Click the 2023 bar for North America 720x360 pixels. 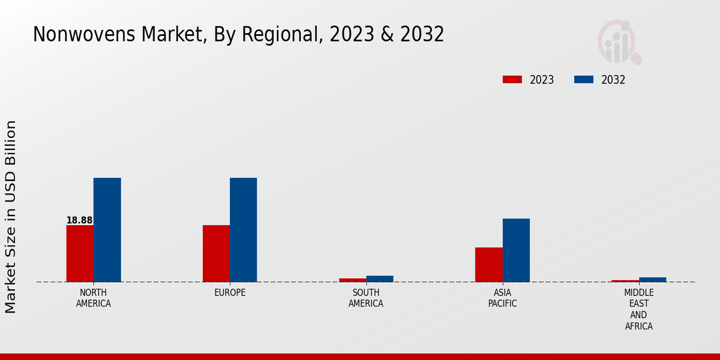pos(80,253)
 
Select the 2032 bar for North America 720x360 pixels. pos(107,230)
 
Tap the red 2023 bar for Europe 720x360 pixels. pos(216,253)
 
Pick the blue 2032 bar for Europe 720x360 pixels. pos(243,230)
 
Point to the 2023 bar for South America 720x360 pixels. pos(352,280)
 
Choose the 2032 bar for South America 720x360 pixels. pos(380,278)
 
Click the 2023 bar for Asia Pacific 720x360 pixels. pos(488,265)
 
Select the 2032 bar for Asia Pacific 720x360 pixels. pos(516,250)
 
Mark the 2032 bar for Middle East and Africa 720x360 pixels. pos(652,280)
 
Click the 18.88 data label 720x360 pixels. pos(79,220)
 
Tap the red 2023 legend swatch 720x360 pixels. pos(512,80)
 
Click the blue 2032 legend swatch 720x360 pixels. pos(584,80)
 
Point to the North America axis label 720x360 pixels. pos(94,298)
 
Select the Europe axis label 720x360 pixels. pos(230,293)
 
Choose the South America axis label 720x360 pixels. pos(366,298)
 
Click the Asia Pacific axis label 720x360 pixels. pos(502,298)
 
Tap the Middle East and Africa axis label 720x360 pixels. pos(638,310)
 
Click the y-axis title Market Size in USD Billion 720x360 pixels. pos(11,217)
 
